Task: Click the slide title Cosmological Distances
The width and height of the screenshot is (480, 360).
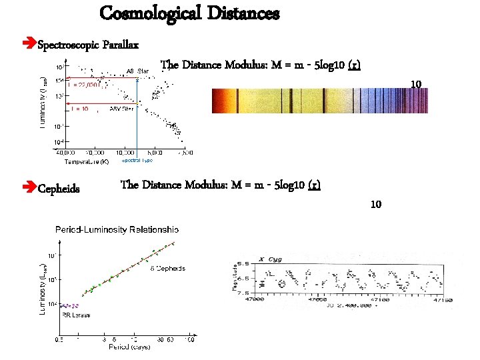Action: [189, 13]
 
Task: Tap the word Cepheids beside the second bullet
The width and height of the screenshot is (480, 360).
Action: [59, 189]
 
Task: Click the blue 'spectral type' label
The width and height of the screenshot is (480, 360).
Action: [137, 161]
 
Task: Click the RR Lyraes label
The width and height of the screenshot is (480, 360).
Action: [75, 315]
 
